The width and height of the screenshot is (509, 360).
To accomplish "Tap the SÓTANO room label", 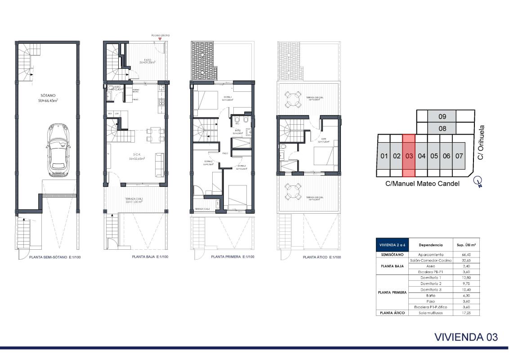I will [x=47, y=97].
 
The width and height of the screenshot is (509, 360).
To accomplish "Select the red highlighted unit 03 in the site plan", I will [x=409, y=156].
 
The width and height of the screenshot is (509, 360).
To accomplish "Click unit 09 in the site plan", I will [x=442, y=117].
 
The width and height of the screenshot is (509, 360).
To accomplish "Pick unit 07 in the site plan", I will [x=459, y=157].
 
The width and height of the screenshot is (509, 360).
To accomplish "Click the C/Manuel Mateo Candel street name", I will [x=422, y=184].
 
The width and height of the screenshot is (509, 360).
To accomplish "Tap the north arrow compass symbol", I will [x=479, y=181].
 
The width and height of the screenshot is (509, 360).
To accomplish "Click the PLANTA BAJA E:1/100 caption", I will [x=150, y=257].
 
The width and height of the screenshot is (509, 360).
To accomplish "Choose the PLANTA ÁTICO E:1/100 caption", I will [x=321, y=257].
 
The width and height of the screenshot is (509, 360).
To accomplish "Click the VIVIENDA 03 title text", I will [x=466, y=337].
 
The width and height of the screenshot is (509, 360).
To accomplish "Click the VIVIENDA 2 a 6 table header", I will [x=393, y=245].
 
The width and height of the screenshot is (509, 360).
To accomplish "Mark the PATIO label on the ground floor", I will [x=147, y=60].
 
